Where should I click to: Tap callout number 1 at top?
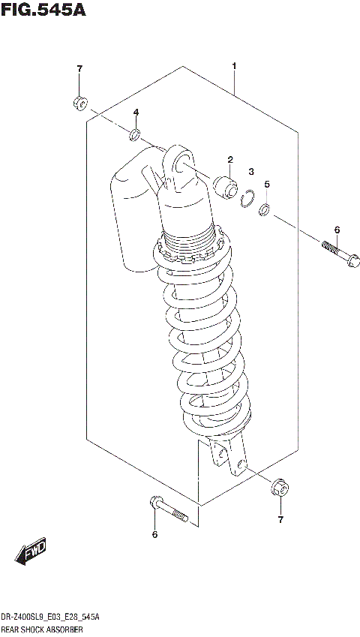tap(234, 68)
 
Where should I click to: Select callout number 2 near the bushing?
tap(231, 159)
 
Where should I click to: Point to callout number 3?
tap(252, 172)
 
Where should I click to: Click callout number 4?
tap(136, 113)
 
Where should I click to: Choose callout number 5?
tap(266, 184)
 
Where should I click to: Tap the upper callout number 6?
tap(337, 230)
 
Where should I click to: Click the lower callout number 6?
tap(154, 534)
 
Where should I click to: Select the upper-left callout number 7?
tap(79, 70)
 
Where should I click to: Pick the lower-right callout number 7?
tap(280, 519)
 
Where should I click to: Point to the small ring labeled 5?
tap(265, 209)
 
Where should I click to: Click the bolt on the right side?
tap(339, 254)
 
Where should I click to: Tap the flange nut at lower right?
tap(277, 488)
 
